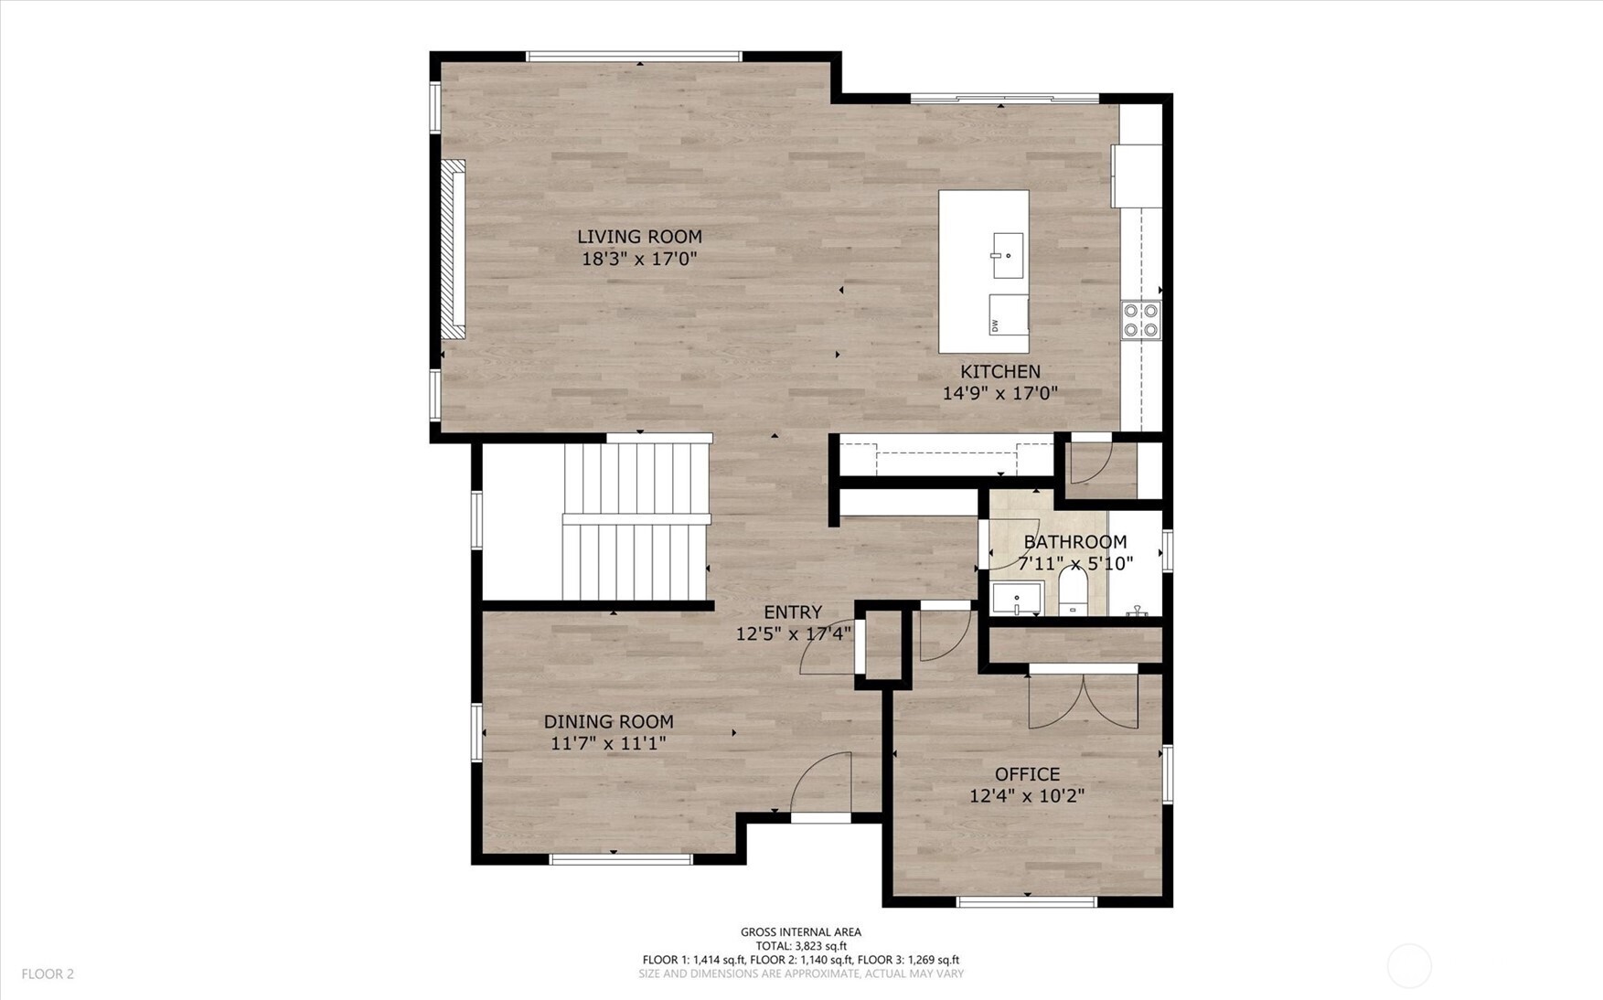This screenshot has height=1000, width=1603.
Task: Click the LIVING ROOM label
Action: pos(639,237)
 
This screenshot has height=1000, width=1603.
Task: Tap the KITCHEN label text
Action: pos(999,372)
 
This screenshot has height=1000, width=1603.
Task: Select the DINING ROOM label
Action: pos(608,722)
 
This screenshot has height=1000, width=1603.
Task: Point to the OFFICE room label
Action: pos(1027,775)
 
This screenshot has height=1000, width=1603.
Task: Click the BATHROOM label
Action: pos(1074,542)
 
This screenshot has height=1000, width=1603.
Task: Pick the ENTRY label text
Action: pos(793,612)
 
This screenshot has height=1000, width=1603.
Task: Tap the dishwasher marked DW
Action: pos(1008,314)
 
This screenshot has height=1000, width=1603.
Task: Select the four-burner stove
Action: pos(1141,320)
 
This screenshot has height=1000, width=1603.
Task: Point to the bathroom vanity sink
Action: pos(1017,600)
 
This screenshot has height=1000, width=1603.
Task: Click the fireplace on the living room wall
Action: pos(454,250)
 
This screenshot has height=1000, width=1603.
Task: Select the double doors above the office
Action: pos(1084,700)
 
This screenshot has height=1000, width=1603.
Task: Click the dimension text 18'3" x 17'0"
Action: pos(639,260)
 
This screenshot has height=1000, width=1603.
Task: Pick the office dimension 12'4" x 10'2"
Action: pos(1027,796)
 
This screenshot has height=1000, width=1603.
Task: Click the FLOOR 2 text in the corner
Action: pos(48,974)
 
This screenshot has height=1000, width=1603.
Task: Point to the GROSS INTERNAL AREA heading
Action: pos(800,932)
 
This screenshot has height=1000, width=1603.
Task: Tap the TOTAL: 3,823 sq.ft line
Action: pos(800,946)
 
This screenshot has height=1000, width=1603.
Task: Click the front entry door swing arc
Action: pos(821,784)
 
